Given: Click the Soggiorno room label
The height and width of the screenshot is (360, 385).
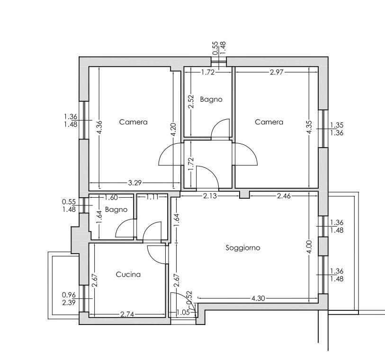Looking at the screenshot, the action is [x=243, y=248].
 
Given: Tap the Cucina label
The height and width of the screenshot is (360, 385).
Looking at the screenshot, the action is [x=128, y=274].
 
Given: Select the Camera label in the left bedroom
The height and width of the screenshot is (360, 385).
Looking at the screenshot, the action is [x=134, y=122].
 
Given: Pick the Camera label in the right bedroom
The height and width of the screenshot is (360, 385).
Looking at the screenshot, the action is [x=269, y=122].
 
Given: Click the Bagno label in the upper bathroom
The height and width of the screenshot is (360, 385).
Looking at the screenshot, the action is [x=211, y=99].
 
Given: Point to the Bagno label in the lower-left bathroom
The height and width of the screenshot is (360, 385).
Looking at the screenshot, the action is [x=116, y=210].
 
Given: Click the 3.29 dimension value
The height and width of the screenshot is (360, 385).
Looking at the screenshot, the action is [x=134, y=183].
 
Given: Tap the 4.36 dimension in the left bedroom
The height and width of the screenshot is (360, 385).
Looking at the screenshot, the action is [x=99, y=127].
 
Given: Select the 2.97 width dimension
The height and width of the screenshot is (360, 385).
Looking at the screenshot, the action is [x=277, y=72].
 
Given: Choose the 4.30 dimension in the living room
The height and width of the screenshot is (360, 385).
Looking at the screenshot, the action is [x=258, y=298].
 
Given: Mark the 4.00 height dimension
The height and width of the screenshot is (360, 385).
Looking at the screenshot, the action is [x=309, y=247].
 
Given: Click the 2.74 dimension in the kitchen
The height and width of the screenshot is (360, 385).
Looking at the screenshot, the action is [x=127, y=314].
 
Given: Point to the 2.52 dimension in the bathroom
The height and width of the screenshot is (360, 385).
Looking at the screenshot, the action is [x=191, y=102].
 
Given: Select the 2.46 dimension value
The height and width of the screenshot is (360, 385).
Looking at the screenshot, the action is [x=284, y=196].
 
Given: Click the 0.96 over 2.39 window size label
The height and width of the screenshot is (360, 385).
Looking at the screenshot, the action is [x=69, y=299].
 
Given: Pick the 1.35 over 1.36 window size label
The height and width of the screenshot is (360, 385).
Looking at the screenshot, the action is [x=337, y=129].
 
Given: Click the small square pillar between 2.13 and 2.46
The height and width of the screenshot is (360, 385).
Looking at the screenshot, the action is [x=244, y=195].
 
